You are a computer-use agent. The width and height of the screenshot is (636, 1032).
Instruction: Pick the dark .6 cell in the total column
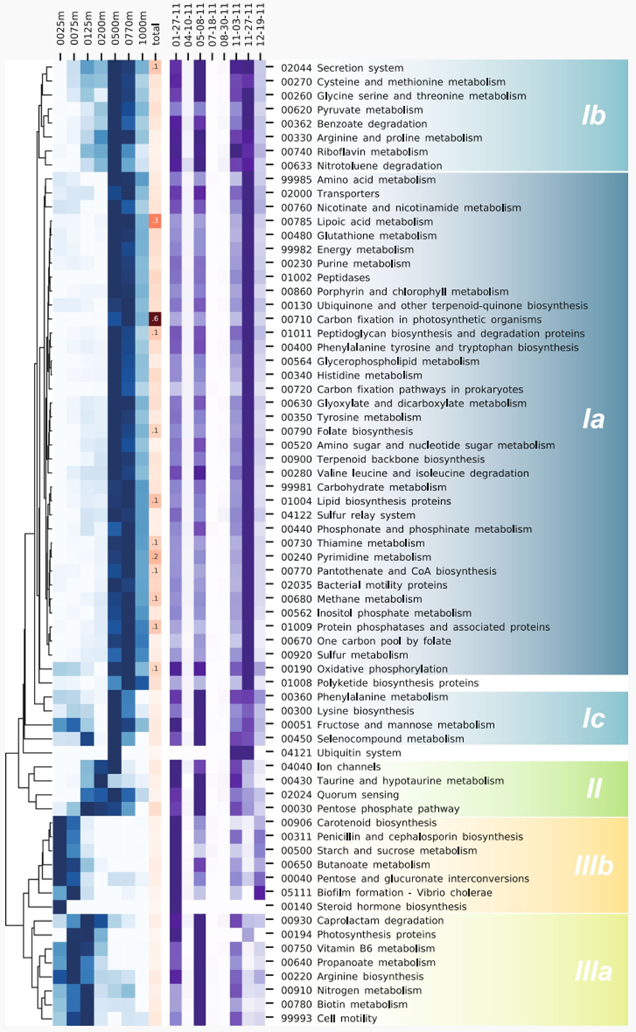(x=155, y=319)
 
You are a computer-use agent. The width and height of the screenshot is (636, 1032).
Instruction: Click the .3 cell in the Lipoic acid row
(x=155, y=221)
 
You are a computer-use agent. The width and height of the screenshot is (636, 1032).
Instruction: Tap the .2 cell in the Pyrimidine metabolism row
(x=155, y=556)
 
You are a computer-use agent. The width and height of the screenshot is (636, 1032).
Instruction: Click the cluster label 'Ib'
(x=593, y=117)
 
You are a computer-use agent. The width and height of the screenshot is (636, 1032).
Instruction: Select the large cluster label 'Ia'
(x=593, y=420)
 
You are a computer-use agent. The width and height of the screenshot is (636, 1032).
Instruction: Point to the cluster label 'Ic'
(x=593, y=720)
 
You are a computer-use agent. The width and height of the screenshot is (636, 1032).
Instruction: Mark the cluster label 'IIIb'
(x=593, y=865)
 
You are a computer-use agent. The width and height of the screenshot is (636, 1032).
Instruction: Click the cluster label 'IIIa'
(x=593, y=974)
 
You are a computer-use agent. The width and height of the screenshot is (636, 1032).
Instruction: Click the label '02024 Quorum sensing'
(x=336, y=795)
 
